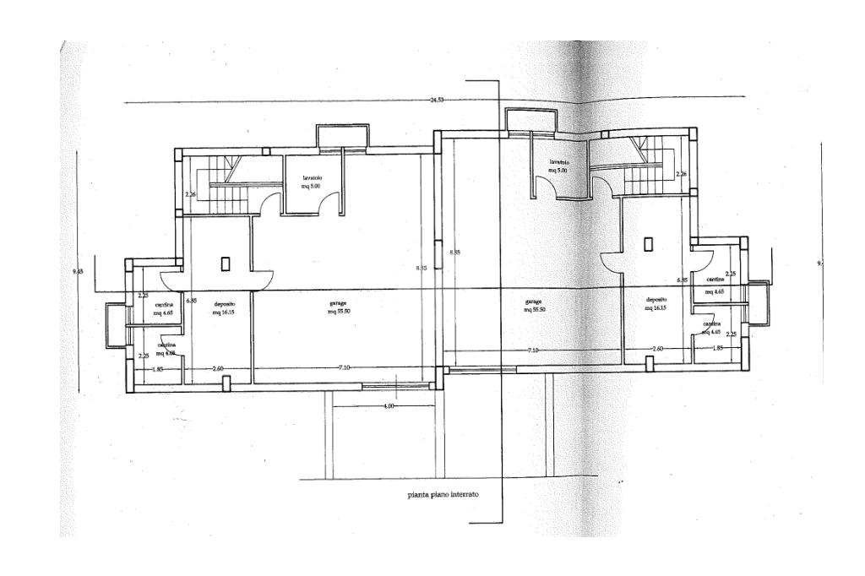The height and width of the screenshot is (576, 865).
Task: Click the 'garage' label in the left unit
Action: [339, 302]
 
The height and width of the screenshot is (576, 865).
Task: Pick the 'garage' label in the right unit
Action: [533, 301]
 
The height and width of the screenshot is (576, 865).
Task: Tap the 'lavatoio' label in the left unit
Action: [313, 177]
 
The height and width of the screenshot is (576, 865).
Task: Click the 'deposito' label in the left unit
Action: [224, 302]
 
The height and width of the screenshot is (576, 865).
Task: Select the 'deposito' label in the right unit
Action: [657, 300]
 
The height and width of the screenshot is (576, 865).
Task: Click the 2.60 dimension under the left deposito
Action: [217, 368]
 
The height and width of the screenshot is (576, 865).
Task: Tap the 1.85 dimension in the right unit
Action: [717, 349]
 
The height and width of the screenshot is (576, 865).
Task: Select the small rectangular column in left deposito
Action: [226, 264]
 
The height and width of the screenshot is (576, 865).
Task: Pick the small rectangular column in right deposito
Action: [649, 244]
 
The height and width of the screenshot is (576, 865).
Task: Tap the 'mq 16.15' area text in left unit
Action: [224, 312]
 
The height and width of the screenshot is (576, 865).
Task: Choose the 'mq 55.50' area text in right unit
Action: [533, 310]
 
